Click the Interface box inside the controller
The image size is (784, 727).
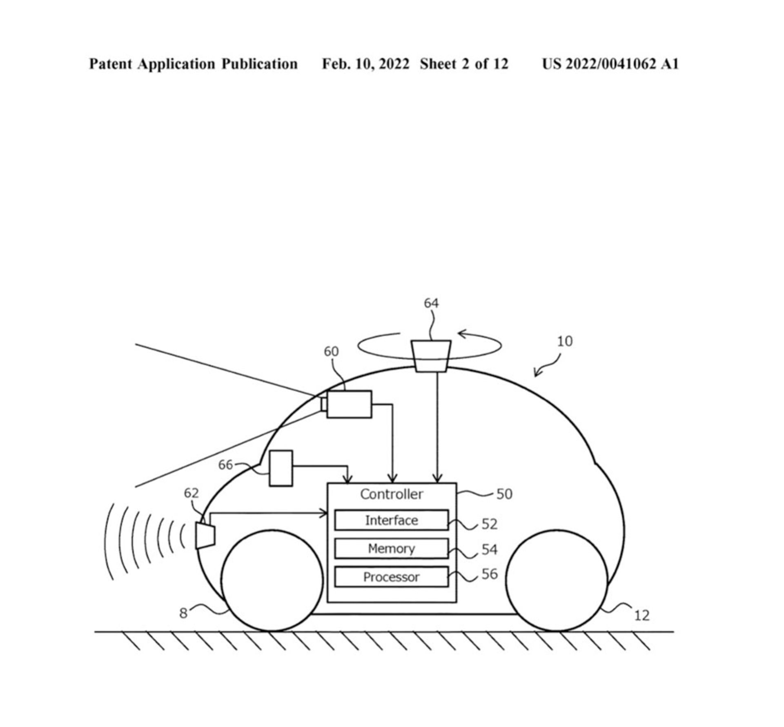tap(391, 520)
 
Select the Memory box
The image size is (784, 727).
tap(391, 548)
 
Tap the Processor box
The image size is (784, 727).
tap(391, 577)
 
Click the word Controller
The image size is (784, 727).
tap(391, 494)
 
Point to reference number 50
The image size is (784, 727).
tap(504, 494)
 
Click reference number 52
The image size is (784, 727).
tap(490, 524)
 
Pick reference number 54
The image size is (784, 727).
tap(490, 549)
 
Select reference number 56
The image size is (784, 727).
tap(490, 574)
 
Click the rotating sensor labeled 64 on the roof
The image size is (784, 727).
tap(431, 356)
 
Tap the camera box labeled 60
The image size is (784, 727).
tap(349, 404)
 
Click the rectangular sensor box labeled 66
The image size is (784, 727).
tap(281, 468)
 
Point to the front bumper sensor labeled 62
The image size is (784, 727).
tap(205, 536)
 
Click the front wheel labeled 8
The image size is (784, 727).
tap(272, 580)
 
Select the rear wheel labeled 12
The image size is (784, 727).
tap(557, 580)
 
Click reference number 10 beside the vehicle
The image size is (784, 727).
tap(565, 341)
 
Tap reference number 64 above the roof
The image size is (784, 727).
tap(431, 303)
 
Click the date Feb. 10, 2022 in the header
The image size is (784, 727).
tap(365, 64)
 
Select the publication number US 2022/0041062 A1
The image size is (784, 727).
tap(610, 64)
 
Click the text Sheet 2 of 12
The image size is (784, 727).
tap(464, 64)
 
